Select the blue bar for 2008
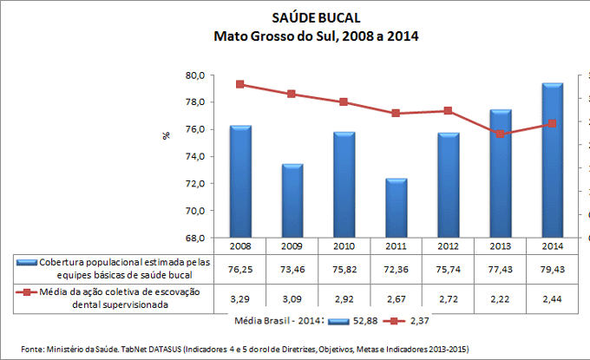(x=240, y=181)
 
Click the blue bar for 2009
(x=292, y=200)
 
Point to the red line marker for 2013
(x=501, y=134)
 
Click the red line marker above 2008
(x=240, y=84)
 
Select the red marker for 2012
(x=449, y=111)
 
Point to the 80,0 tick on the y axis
(x=194, y=75)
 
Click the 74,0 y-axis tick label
(x=194, y=156)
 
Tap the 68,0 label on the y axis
(x=194, y=238)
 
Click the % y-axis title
(x=166, y=136)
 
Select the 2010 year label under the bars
(x=344, y=246)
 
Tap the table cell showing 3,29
(x=240, y=298)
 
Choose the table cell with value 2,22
(x=501, y=298)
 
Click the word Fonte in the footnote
(x=33, y=349)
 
